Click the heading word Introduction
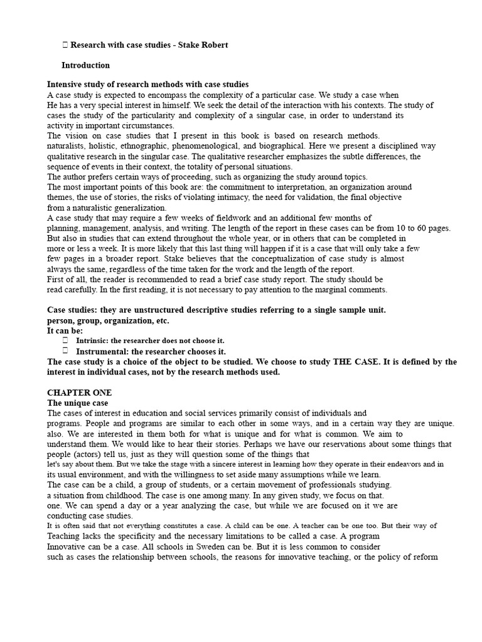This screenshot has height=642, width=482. pyautogui.click(x=85, y=65)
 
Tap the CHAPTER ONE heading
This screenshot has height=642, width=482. pyautogui.click(x=79, y=392)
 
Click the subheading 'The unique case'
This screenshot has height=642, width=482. pyautogui.click(x=78, y=403)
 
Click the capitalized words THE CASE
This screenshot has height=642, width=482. pyautogui.click(x=348, y=362)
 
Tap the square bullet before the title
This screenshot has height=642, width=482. pyautogui.click(x=65, y=45)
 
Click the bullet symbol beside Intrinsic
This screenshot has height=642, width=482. pyautogui.click(x=65, y=340)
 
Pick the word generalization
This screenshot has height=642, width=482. pyautogui.click(x=140, y=208)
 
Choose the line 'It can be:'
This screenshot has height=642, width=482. pyautogui.click(x=65, y=330)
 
